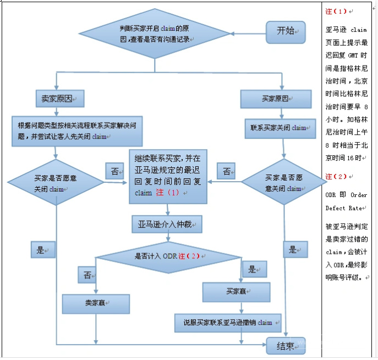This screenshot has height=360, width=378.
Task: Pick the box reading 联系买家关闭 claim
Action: click(280, 128)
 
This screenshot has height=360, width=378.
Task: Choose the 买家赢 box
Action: click(237, 291)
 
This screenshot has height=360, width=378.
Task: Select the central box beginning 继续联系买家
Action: click(168, 176)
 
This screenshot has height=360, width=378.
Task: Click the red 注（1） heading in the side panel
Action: click(337, 11)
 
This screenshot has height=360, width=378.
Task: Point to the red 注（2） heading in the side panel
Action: click(337, 177)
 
